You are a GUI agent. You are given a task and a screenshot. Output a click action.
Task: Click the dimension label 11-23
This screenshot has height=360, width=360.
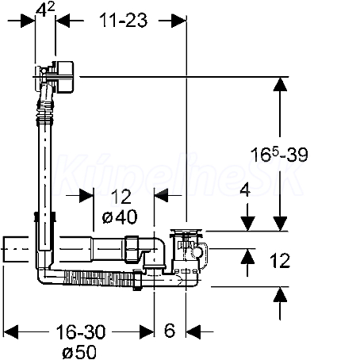click(123, 20)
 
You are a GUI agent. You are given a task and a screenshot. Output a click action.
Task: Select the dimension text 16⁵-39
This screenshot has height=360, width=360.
click(279, 155)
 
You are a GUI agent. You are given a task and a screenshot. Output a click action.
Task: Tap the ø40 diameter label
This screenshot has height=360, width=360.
click(120, 216)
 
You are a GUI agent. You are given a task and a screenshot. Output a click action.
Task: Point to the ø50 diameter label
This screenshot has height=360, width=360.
click(79, 352)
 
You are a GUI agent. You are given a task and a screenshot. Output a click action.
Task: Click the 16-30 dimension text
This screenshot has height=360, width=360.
click(81, 332)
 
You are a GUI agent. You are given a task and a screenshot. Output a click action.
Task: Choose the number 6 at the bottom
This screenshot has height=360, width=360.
click(170, 331)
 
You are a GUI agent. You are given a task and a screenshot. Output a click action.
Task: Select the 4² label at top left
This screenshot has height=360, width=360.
click(45, 10)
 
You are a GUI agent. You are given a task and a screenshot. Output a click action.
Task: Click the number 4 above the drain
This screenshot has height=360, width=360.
click(245, 190)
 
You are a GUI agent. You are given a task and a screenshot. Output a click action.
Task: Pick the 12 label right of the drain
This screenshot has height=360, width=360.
click(280, 261)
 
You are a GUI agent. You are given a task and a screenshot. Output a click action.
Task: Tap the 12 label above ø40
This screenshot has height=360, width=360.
click(121, 197)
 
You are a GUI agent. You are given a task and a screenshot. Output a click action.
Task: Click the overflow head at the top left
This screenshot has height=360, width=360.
click(54, 77)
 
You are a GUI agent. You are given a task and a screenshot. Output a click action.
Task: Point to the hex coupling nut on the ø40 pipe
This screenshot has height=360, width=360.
click(132, 249)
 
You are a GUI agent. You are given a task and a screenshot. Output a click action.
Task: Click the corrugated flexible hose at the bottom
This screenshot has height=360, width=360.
click(98, 279)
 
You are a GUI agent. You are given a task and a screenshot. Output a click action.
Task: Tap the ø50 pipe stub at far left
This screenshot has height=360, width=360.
click(16, 249)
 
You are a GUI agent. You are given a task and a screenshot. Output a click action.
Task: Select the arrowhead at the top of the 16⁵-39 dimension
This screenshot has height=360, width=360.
click(280, 84)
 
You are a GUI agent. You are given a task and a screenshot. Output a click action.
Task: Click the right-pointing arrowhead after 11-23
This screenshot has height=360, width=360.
click(179, 21)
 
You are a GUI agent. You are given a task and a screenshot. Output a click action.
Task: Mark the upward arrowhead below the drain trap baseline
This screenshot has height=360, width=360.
click(280, 294)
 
